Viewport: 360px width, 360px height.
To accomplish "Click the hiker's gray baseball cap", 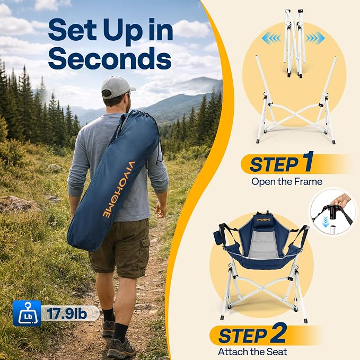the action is click(x=118, y=87).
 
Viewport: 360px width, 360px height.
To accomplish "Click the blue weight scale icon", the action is click(x=27, y=313).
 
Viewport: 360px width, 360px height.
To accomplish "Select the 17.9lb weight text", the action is click(x=67, y=313).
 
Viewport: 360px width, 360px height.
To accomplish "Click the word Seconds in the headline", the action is click(x=110, y=58).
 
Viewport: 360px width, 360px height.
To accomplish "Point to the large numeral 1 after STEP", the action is click(x=307, y=161).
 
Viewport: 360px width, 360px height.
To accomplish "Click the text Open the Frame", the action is click(x=287, y=182).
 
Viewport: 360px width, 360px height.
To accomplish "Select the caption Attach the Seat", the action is click(x=252, y=352).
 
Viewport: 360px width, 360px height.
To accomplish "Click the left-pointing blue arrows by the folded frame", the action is click(x=271, y=38).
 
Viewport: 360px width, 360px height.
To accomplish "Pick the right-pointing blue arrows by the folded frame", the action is click(x=315, y=38).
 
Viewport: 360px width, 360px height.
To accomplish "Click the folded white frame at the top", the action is click(x=293, y=43).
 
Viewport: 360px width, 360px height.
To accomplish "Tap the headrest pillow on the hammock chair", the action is click(x=263, y=220).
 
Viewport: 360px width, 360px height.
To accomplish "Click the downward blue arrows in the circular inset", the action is click(x=325, y=222).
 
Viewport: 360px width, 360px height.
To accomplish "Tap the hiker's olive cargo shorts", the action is click(x=120, y=248).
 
